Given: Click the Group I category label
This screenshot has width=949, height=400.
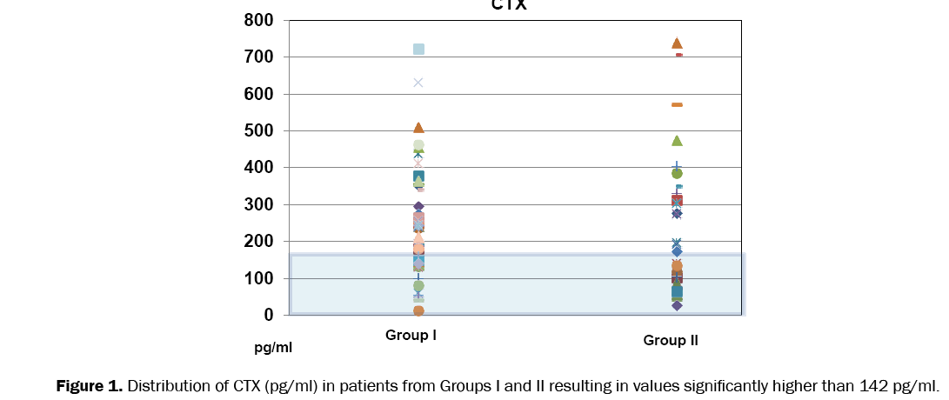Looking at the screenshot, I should tap(411, 335).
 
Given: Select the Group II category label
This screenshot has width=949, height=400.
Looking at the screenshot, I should tap(671, 340).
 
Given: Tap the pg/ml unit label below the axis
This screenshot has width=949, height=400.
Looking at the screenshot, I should tap(273, 348).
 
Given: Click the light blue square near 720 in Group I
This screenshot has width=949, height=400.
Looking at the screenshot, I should tap(418, 50).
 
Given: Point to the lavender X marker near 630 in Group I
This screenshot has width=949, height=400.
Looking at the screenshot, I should tap(418, 83).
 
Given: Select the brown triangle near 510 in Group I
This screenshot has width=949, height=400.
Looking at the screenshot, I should tap(418, 128).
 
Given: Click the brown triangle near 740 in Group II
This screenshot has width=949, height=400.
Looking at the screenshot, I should tap(677, 43).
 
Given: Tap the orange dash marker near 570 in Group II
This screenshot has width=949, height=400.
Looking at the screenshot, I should tap(677, 104).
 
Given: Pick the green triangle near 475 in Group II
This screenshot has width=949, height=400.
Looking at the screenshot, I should tap(677, 140).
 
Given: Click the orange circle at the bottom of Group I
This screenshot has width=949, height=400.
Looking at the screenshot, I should tap(418, 310).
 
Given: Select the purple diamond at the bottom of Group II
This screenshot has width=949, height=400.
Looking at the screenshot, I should tap(677, 305).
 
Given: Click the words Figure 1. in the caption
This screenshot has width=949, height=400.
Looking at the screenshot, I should tap(90, 385).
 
